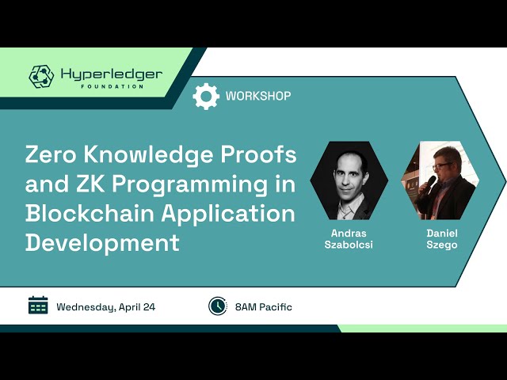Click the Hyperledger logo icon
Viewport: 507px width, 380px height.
[x=41, y=76]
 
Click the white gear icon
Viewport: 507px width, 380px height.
[x=206, y=96]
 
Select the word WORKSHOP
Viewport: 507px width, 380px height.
[x=258, y=96]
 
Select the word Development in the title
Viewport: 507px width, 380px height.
[x=102, y=242]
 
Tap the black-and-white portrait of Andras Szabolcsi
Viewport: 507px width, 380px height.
[x=349, y=180]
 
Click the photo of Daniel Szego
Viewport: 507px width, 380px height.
[x=440, y=180]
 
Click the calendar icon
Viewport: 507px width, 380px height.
[x=38, y=306]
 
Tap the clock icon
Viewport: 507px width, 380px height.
[x=217, y=306]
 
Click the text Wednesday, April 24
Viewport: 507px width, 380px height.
[x=105, y=306]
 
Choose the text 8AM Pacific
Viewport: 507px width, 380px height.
[x=263, y=306]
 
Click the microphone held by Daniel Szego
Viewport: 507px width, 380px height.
[x=431, y=183]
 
